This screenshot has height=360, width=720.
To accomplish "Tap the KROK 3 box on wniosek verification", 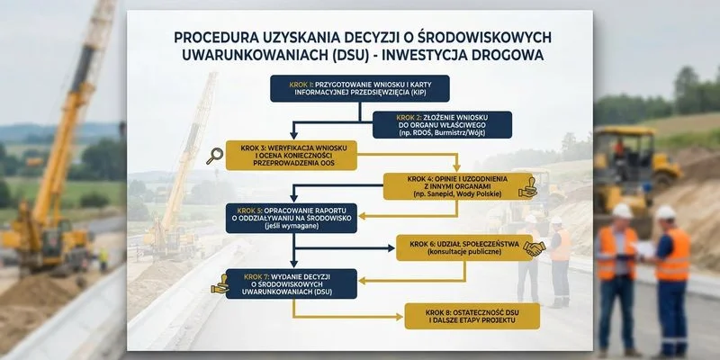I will click(288, 154).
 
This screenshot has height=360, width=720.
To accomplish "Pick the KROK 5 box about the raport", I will click(292, 217).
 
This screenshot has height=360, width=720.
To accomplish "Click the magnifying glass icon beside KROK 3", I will click(214, 156).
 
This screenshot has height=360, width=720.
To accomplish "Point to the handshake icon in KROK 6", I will click(535, 247).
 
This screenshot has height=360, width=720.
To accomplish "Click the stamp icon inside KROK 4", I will click(529, 187).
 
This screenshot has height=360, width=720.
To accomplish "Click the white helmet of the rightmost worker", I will click(665, 212).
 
